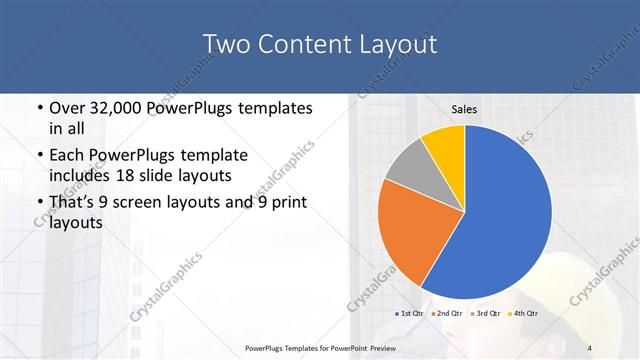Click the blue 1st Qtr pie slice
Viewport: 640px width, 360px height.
click(505, 215)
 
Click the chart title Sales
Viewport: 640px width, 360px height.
click(464, 109)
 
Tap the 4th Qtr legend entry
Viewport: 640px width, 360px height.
click(524, 314)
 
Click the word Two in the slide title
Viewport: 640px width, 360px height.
click(225, 45)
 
